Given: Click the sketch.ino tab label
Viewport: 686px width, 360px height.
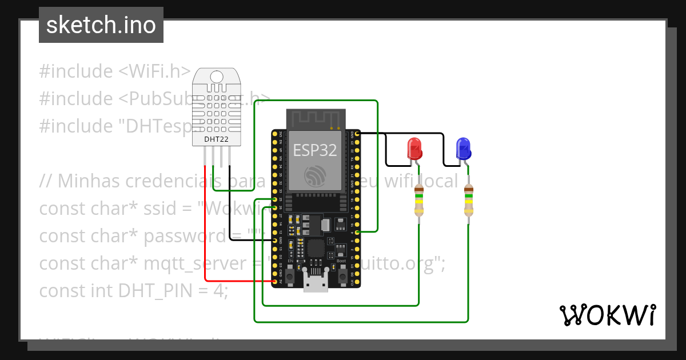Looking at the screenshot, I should (x=101, y=25).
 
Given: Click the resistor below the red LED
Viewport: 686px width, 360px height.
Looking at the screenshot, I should (x=419, y=201).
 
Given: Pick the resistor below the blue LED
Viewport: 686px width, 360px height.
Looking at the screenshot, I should (x=469, y=201).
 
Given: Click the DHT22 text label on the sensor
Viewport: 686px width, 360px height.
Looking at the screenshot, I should (x=217, y=139).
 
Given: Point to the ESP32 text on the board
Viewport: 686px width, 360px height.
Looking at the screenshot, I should (x=315, y=150).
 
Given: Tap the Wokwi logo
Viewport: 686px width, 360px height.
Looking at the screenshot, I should (x=607, y=315).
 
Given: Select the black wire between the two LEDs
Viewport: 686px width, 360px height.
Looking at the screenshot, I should (x=443, y=149).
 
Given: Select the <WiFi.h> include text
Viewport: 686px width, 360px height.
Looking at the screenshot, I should (x=154, y=71).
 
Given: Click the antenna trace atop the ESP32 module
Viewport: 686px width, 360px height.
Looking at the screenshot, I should (x=316, y=119).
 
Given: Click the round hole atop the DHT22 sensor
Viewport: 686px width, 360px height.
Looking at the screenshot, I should (x=217, y=77).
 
